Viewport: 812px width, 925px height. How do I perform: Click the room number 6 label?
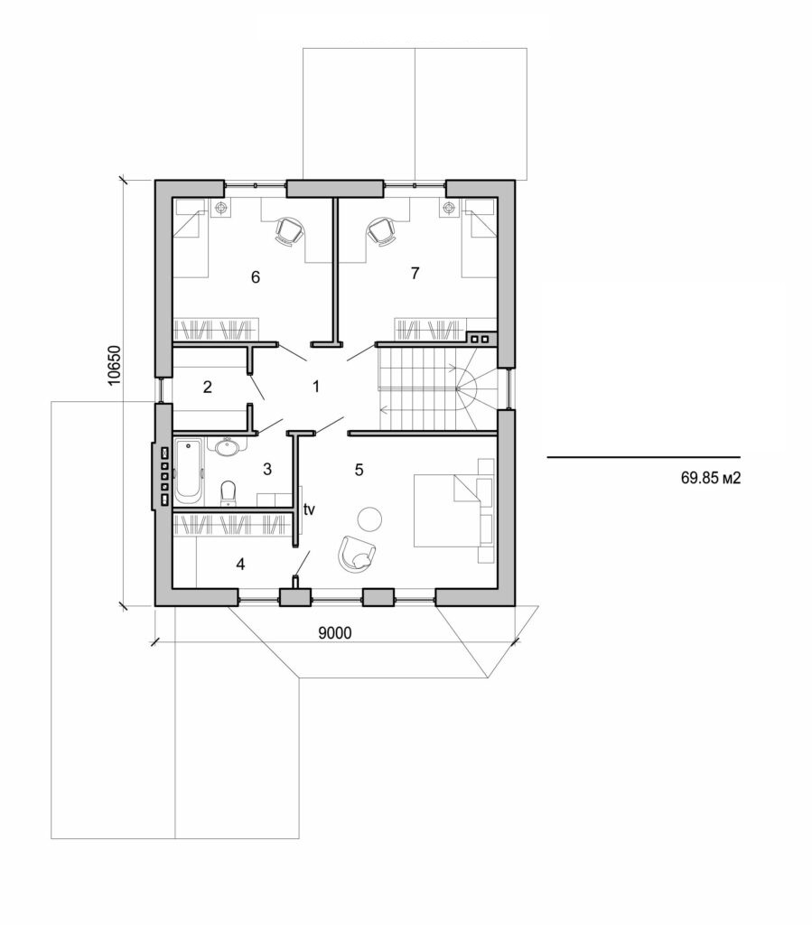pos(256,276)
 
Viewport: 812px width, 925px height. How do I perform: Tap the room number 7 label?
pos(415,274)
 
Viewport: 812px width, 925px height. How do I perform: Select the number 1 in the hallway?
pos(316,387)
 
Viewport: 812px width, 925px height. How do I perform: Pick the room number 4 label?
pos(239,564)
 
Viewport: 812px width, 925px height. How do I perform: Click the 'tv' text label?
pos(309,509)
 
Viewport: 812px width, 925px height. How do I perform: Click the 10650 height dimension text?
pos(115,365)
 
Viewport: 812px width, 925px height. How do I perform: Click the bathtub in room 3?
pos(190,470)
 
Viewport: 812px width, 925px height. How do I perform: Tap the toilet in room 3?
pos(229,491)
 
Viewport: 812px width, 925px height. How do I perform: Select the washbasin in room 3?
pos(226,446)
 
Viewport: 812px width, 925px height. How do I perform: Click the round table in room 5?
pos(369,518)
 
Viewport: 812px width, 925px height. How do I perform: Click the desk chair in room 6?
pos(287,231)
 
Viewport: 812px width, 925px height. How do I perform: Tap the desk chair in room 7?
pos(381,231)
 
